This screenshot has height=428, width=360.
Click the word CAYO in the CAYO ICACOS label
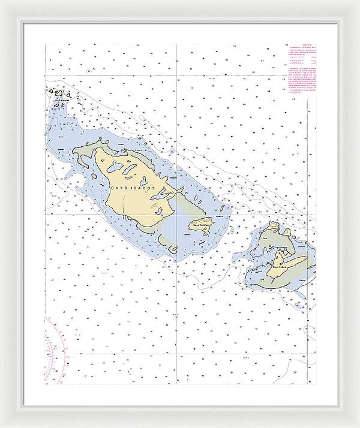coord(118,188)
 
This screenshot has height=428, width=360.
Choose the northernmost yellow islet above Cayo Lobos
coord(274,225)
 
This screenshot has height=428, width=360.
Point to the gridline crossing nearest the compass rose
coord(46,354)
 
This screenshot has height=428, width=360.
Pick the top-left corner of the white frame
coord(2,2)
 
